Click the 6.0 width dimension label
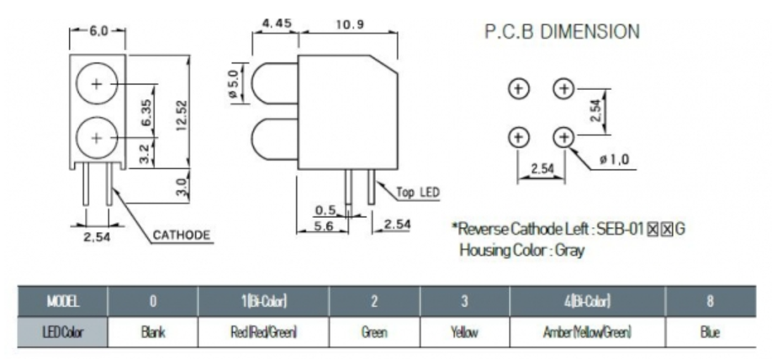coord(98,31)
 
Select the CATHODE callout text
coord(181,235)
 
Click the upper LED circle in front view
coord(97,83)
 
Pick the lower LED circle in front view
coord(97,136)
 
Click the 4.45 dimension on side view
coord(277,24)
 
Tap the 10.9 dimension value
coord(347,24)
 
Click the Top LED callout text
coord(418,193)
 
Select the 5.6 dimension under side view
coord(324,225)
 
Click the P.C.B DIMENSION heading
coord(562,32)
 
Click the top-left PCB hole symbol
coord(519,87)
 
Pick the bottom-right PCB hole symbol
coord(563,136)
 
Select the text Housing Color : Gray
coord(521,250)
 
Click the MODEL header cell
coord(62,300)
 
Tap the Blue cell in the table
coord(709,332)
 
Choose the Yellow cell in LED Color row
coord(464,332)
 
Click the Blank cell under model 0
coord(152,332)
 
